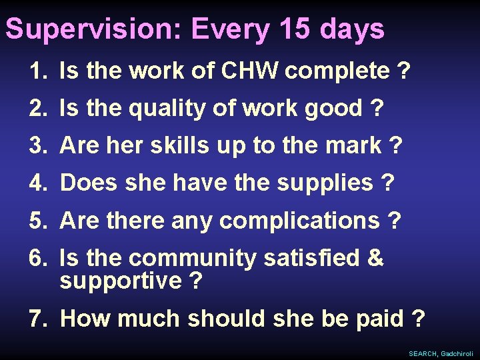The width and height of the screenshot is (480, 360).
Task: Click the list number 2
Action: tap(37, 108)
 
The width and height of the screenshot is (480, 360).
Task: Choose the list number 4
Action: tap(37, 183)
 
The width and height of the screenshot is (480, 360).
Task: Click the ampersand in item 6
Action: tap(376, 258)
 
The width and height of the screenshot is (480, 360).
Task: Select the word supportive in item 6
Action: tap(120, 281)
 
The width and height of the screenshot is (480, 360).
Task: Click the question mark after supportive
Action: tap(195, 281)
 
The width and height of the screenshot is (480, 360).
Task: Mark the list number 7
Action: tap(37, 319)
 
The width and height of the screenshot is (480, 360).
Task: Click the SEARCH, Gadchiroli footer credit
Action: tap(441, 353)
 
